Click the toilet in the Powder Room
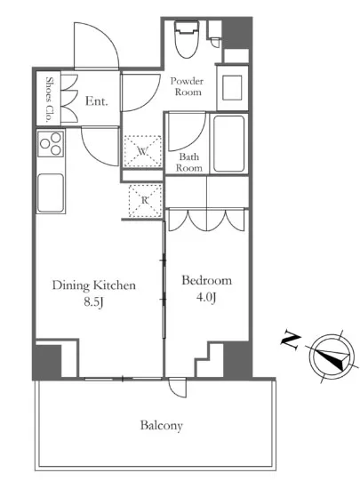pos(187,39)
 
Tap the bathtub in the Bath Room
pos(228,144)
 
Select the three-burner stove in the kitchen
pos(51,143)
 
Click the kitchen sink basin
pos(51,192)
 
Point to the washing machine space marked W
pos(143,151)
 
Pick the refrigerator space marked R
pos(145,200)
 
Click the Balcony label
pos(161,425)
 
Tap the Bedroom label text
pos(206,280)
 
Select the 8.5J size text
pos(93,302)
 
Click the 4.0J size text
pos(206,298)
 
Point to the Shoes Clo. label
pos(49,100)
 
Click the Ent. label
pos(97,101)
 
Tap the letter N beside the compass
pos(291,341)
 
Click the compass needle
pos(332,357)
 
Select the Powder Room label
pos(187,86)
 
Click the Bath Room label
pos(188,162)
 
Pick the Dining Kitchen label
pos(94,285)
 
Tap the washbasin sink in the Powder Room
pos(232,88)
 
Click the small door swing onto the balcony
pos(178,388)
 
